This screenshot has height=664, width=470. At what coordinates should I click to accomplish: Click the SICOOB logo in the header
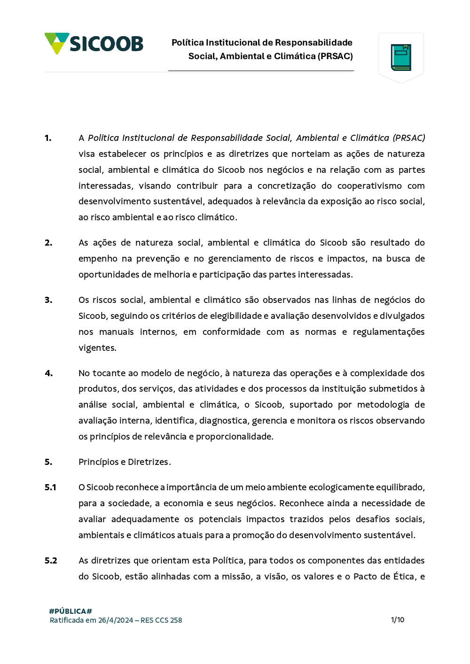(x=94, y=44)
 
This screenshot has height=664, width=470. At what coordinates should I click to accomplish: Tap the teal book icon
(x=401, y=57)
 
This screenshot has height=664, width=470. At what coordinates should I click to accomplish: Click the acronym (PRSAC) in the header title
(x=335, y=56)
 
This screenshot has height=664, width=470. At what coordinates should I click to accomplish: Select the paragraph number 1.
(x=48, y=138)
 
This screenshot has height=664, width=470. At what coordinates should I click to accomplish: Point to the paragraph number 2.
(x=48, y=243)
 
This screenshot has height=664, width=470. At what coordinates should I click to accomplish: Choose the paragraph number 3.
(x=48, y=300)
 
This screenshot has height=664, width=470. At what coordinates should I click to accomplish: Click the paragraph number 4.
(x=49, y=373)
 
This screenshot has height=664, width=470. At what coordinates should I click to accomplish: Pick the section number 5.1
(x=50, y=487)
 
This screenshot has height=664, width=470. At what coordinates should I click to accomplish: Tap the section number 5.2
(x=51, y=561)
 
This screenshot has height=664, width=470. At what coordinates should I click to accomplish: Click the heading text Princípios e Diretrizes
(x=125, y=462)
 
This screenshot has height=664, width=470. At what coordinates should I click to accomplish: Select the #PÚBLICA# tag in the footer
(x=70, y=611)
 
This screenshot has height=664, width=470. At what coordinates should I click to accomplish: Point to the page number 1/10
(x=398, y=620)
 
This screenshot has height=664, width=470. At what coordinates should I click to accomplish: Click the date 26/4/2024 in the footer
(x=116, y=620)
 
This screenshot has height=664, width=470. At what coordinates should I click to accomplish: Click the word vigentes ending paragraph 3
(x=97, y=348)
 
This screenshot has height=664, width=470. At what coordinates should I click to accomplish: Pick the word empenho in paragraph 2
(x=98, y=259)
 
